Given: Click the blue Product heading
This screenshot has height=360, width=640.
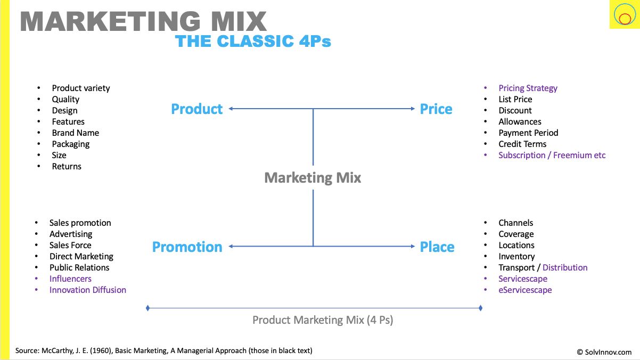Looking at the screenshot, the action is [x=196, y=109].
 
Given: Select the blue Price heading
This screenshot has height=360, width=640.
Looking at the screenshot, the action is [x=436, y=109].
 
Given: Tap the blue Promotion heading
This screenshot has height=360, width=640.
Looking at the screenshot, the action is [x=187, y=247].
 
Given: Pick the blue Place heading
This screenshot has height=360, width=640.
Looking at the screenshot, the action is [x=437, y=247].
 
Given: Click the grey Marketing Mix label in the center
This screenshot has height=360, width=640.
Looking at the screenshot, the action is [x=313, y=178].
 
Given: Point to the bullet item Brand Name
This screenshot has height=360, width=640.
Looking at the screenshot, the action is [x=76, y=133].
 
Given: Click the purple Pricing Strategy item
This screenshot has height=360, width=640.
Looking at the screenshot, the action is [x=528, y=88].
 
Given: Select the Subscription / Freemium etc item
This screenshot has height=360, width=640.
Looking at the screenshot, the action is [x=552, y=155].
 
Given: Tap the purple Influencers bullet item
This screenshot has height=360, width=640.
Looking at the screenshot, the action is [x=70, y=279].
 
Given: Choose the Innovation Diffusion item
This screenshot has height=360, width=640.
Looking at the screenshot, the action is [x=88, y=290].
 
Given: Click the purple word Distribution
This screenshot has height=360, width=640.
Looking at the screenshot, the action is [x=565, y=267].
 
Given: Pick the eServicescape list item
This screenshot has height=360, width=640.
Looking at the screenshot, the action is [x=525, y=290].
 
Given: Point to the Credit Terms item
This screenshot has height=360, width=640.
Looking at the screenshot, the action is [x=522, y=144].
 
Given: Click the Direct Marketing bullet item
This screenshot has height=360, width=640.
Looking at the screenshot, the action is [x=81, y=257].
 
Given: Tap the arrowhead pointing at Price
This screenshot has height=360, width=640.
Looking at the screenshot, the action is [x=413, y=109].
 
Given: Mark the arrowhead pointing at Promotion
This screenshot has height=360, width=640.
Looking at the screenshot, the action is [x=231, y=246].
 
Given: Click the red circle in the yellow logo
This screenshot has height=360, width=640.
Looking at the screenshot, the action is [x=625, y=19].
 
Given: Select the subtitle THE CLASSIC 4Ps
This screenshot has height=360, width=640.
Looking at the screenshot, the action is [x=253, y=41].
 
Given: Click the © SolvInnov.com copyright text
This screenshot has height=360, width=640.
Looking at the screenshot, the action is [x=604, y=353].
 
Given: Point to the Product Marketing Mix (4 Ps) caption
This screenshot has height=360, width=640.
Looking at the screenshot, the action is [x=323, y=320].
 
